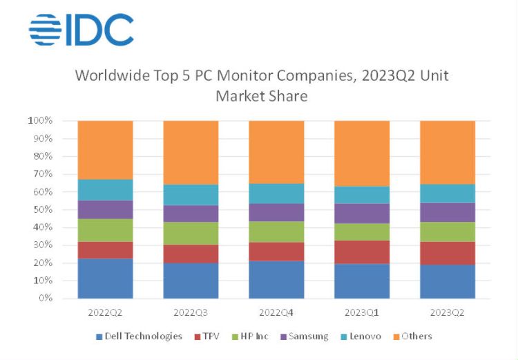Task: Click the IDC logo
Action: point(81,30)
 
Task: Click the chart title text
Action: point(261,85)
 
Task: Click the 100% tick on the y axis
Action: point(40,121)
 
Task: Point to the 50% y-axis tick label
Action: point(42,209)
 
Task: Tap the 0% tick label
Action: point(45,299)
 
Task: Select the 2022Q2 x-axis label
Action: point(105,312)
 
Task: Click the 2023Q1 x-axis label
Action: point(362,312)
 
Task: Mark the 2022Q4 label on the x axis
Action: point(276,312)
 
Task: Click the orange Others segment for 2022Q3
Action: point(191,152)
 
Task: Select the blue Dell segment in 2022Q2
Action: point(105,278)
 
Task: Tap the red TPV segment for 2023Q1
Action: point(362,252)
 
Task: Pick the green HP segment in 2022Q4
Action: point(276,231)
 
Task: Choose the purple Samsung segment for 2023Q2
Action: point(448,212)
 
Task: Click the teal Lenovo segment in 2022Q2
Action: point(105,190)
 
